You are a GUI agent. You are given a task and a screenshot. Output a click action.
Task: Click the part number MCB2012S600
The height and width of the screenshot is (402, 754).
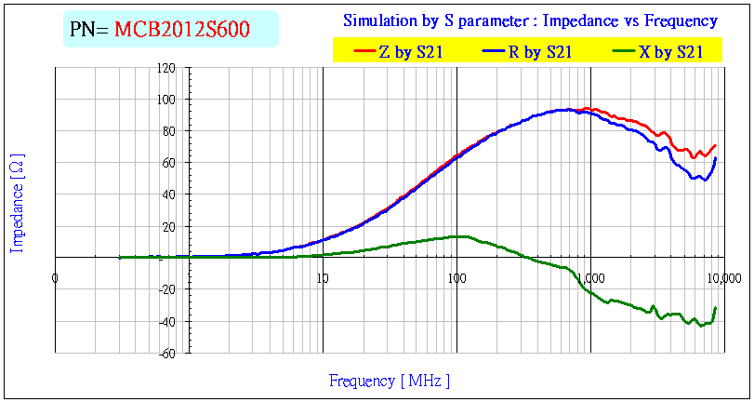point(181,30)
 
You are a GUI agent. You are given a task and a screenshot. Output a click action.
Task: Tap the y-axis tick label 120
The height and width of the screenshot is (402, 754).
point(166,68)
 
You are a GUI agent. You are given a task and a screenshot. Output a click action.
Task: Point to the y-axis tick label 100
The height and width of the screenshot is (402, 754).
point(166,100)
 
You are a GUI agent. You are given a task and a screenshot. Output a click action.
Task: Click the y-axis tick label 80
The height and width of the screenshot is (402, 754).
point(169,131)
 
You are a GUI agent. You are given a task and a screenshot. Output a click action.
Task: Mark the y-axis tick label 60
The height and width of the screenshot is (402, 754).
point(169,163)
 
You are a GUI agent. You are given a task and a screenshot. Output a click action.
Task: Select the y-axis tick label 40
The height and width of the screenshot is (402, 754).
point(169,194)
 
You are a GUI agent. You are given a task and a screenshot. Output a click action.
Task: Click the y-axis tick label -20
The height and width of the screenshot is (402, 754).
point(167,289)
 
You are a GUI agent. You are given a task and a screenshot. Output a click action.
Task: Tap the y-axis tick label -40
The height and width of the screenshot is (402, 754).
point(167,321)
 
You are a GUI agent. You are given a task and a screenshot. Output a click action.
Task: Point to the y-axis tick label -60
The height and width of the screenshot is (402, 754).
point(167,353)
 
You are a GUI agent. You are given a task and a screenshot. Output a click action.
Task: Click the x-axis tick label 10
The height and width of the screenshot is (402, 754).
point(322,277)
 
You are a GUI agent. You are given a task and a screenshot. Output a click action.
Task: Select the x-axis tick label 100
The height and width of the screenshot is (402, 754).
point(456,277)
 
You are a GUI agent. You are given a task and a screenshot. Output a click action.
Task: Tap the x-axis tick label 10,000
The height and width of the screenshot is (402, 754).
point(723,277)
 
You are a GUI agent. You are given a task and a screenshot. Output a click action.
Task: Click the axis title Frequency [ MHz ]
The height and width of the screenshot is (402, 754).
point(390,381)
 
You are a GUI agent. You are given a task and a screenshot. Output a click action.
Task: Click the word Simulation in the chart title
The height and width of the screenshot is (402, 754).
point(377,20)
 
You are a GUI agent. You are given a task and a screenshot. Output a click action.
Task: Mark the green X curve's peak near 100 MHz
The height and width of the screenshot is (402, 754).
point(457,236)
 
